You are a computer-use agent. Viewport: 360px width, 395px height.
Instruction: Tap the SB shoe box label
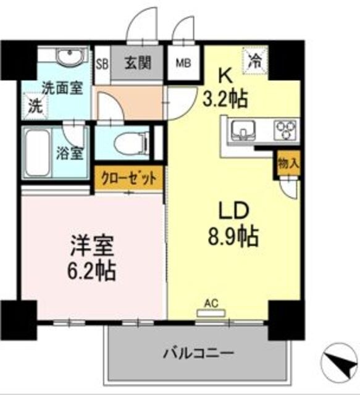click(103, 63)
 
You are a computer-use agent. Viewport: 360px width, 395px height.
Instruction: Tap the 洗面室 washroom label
click(62, 88)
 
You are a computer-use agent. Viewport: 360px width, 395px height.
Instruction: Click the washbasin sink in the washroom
click(65, 59)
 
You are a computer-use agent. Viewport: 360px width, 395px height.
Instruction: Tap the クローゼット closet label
click(128, 180)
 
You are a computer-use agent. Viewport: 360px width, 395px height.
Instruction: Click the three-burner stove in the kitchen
click(286, 130)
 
